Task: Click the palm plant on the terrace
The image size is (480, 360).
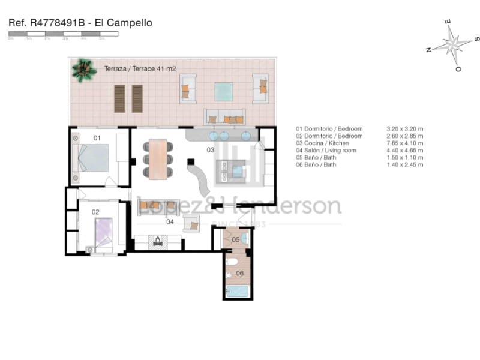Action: coord(83,70)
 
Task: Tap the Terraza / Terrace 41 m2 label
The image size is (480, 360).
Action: coord(140,69)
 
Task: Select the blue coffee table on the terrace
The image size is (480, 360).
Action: coord(224,92)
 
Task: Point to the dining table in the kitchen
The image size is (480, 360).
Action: coord(158,159)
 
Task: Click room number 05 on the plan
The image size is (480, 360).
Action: coord(235,239)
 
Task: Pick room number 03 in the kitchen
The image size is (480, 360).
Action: coord(211,149)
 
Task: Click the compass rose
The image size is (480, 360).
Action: coord(452,44)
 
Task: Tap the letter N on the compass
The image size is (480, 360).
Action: coord(428,50)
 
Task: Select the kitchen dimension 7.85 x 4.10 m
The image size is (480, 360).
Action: coord(405,143)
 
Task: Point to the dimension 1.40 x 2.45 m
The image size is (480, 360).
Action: coord(405,164)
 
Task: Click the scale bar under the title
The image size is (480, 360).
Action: coord(63,34)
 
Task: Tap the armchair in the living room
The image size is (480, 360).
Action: coord(191,223)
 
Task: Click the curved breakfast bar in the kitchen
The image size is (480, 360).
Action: coord(200,178)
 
